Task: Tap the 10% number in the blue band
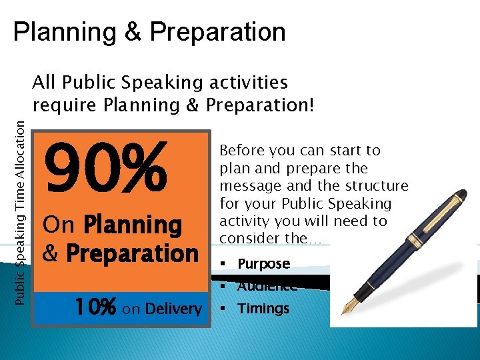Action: pyautogui.click(x=95, y=308)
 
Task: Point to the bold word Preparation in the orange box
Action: pyautogui.click(x=132, y=254)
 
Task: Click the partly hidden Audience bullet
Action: pyautogui.click(x=267, y=287)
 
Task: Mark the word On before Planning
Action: pyautogui.click(x=58, y=225)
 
